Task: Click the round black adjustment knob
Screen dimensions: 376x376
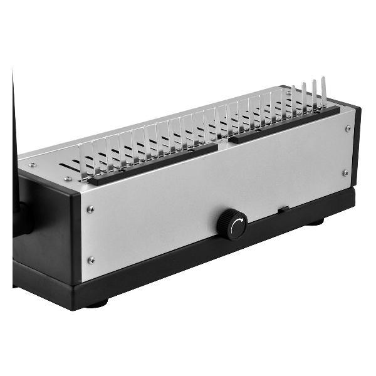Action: (x=231, y=225)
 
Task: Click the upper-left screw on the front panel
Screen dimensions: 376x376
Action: (x=90, y=210)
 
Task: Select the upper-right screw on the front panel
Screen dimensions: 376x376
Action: (x=348, y=128)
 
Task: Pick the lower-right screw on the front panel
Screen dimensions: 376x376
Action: (x=345, y=172)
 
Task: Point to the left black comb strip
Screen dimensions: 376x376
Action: (x=153, y=164)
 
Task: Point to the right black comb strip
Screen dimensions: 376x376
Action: (x=285, y=123)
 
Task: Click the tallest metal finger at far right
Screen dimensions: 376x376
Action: (x=324, y=91)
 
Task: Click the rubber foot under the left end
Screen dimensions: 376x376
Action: (x=97, y=305)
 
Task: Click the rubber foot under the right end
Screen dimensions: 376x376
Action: (x=316, y=221)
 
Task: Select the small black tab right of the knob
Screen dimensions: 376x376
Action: (x=283, y=208)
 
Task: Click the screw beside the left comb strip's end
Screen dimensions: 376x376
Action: (x=68, y=179)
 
